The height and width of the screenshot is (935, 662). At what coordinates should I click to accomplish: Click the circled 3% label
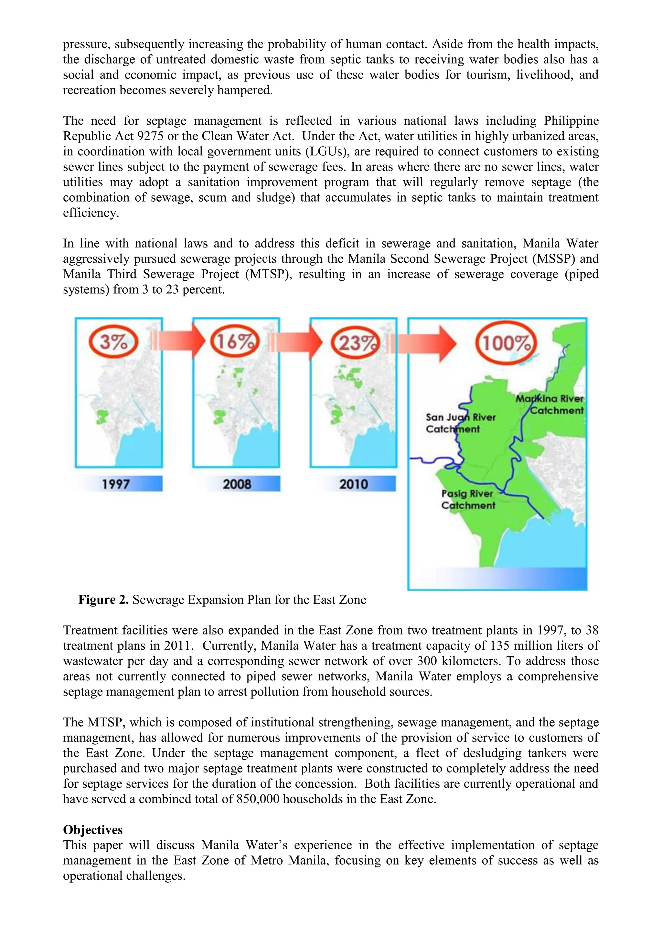click(114, 341)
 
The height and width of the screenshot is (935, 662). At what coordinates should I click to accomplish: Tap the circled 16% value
click(234, 341)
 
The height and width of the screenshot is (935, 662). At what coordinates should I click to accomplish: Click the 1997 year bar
click(116, 484)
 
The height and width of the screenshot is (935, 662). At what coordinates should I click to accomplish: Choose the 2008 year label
click(237, 484)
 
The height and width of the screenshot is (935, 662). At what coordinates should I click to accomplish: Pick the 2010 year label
click(354, 484)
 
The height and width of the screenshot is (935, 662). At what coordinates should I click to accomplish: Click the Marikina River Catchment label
click(550, 404)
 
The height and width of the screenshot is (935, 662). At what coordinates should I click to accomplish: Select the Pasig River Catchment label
click(468, 499)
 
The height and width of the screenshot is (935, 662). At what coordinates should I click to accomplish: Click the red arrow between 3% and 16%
click(179, 341)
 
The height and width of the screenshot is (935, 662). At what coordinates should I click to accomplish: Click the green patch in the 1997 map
click(101, 417)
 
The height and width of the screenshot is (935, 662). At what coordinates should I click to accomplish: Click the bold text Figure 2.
click(103, 600)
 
